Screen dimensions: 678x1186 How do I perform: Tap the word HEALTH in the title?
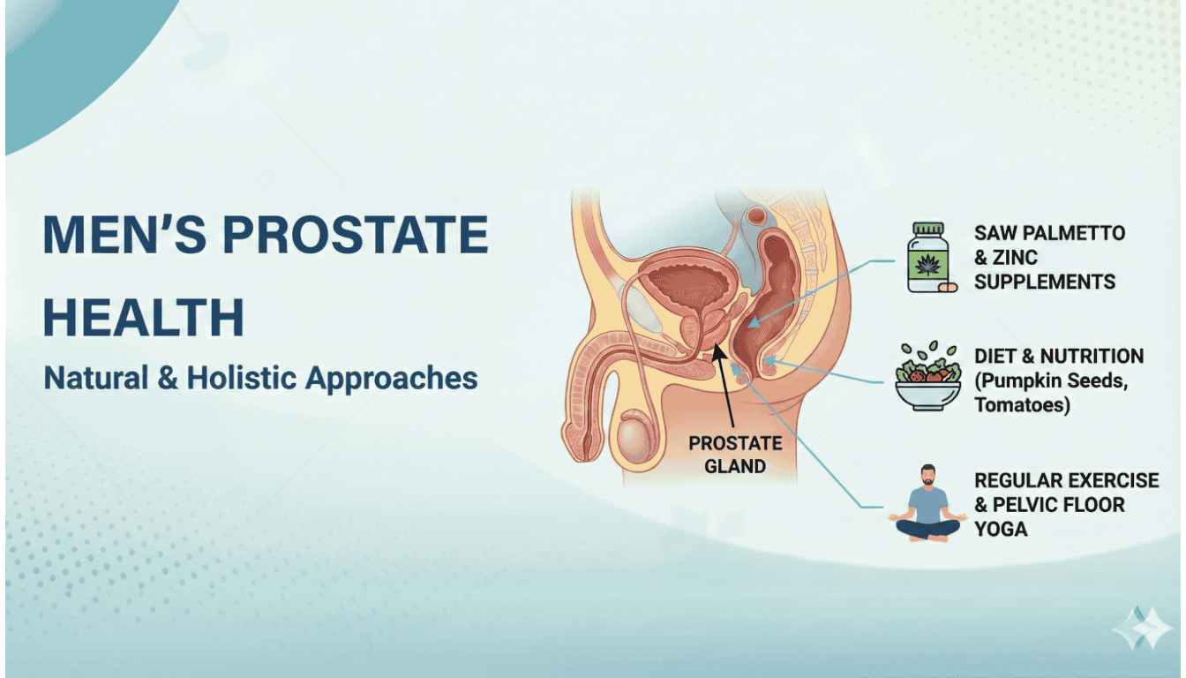pos(144,318)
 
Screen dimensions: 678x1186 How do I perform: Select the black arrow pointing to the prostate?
pos(729,388)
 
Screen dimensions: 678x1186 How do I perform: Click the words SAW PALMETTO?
pos(1049,233)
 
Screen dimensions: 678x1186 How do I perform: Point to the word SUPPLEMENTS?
pos(1045,282)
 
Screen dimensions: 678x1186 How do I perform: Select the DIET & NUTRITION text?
pos(1058,356)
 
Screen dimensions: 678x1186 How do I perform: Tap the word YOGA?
pos(1001,530)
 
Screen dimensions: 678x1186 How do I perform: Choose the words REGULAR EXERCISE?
pos(1066,480)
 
